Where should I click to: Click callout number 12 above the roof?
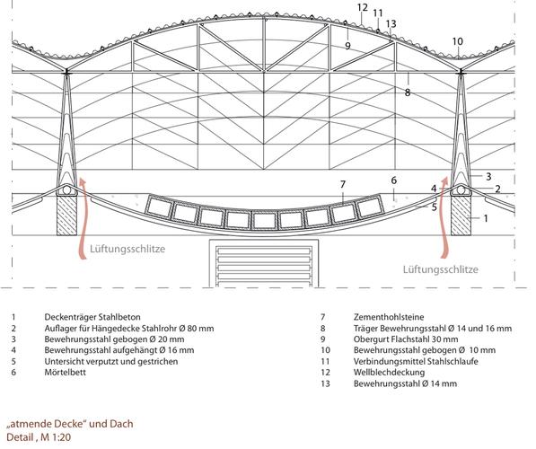click(363, 7)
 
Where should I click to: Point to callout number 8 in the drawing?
click(407, 92)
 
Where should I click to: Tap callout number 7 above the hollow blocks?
click(343, 185)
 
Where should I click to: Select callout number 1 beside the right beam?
click(486, 218)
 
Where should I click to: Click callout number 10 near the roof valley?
click(457, 41)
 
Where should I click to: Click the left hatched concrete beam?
click(66, 216)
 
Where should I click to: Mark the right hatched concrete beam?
click(461, 216)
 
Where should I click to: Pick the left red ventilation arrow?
click(83, 219)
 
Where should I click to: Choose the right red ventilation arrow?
click(444, 218)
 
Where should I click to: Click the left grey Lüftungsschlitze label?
click(127, 249)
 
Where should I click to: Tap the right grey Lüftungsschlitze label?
click(440, 269)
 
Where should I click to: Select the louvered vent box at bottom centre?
click(264, 263)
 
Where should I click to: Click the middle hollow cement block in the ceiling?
click(264, 220)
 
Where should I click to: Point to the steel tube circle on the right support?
click(461, 190)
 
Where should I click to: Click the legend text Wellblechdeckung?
click(389, 372)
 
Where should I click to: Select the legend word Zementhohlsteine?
click(389, 317)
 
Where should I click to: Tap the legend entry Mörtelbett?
click(65, 372)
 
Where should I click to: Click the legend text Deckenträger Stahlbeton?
click(92, 317)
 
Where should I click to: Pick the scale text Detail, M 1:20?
click(39, 437)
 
